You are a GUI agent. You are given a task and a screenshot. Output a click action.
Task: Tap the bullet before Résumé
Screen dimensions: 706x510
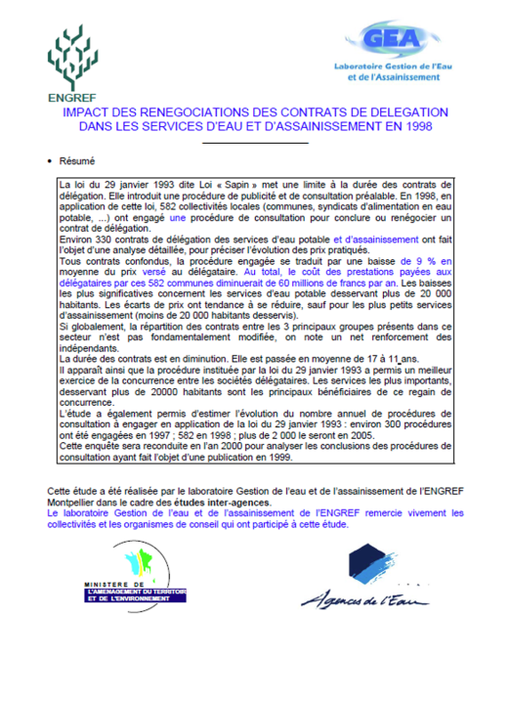(x=49, y=161)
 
